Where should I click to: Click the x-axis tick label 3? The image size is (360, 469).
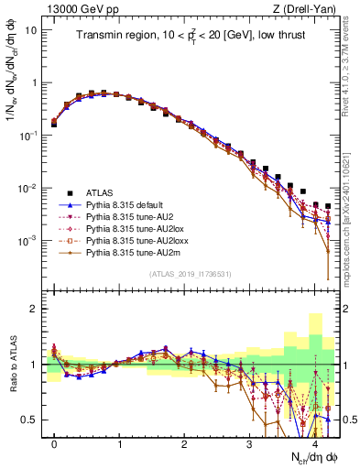(249, 442)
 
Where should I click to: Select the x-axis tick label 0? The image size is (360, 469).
(55, 442)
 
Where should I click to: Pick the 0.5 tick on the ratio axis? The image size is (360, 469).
(30, 420)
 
